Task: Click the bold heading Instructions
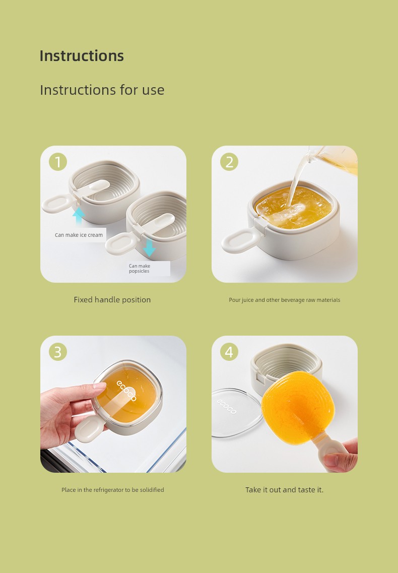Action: (x=82, y=55)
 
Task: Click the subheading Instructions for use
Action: (x=102, y=90)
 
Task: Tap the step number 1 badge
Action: (x=58, y=162)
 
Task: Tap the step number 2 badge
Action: (x=229, y=162)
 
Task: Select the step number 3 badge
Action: (x=58, y=352)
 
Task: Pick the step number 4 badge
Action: (x=229, y=352)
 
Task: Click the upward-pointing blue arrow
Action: (x=78, y=216)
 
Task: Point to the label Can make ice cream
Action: (x=79, y=235)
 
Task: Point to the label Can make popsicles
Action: (x=139, y=269)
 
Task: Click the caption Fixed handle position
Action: (x=112, y=300)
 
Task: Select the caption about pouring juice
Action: (x=284, y=300)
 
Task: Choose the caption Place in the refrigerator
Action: (x=112, y=490)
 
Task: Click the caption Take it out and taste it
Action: (x=284, y=490)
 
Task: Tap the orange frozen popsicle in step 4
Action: (x=298, y=408)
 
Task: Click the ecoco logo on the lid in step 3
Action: (x=126, y=390)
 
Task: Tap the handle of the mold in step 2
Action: (x=241, y=240)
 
